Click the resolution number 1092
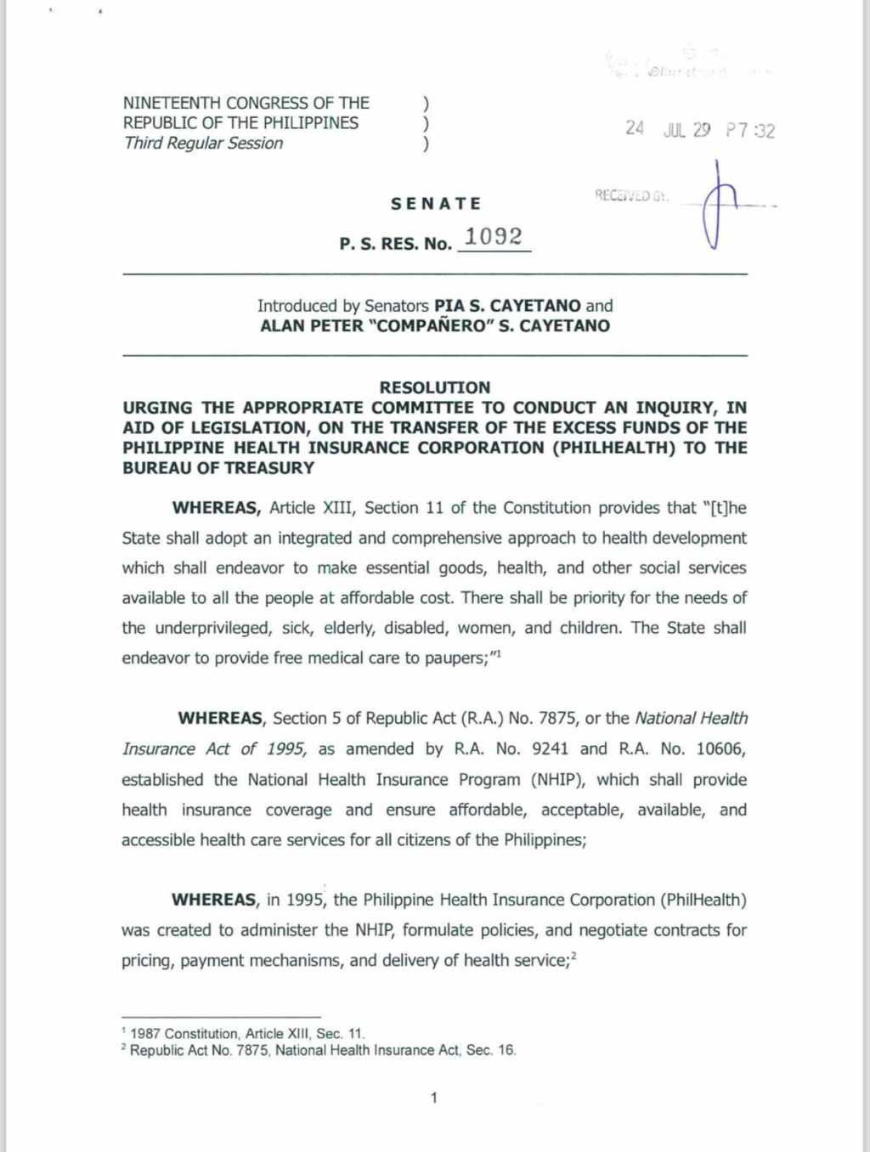(x=494, y=237)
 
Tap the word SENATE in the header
(x=436, y=204)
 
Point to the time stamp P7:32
(x=750, y=130)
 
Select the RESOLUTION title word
(x=434, y=387)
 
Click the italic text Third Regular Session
(x=203, y=143)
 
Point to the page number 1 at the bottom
(x=434, y=1098)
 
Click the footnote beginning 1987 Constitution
(x=246, y=1034)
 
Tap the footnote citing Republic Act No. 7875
(x=322, y=1050)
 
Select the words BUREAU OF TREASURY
(x=218, y=468)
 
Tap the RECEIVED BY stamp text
(x=631, y=196)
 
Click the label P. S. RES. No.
(x=395, y=244)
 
